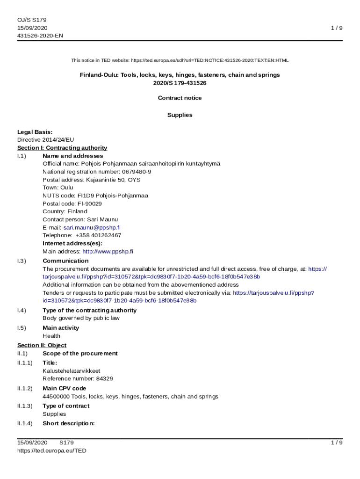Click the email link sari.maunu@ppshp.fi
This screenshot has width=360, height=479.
tap(92, 227)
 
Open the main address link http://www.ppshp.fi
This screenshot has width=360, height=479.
tap(108, 251)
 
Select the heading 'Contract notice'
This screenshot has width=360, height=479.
tap(180, 98)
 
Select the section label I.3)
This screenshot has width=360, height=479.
tap(22, 261)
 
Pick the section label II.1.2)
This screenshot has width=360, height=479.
tap(25, 388)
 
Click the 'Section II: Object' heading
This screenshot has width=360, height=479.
tap(42, 345)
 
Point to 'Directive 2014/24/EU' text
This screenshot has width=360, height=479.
tap(45, 139)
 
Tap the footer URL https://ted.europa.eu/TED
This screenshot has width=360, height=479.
tap(51, 450)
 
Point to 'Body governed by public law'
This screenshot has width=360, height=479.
tap(81, 318)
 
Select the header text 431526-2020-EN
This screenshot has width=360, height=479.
tap(40, 36)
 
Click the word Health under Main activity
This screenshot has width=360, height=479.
tap(51, 336)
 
